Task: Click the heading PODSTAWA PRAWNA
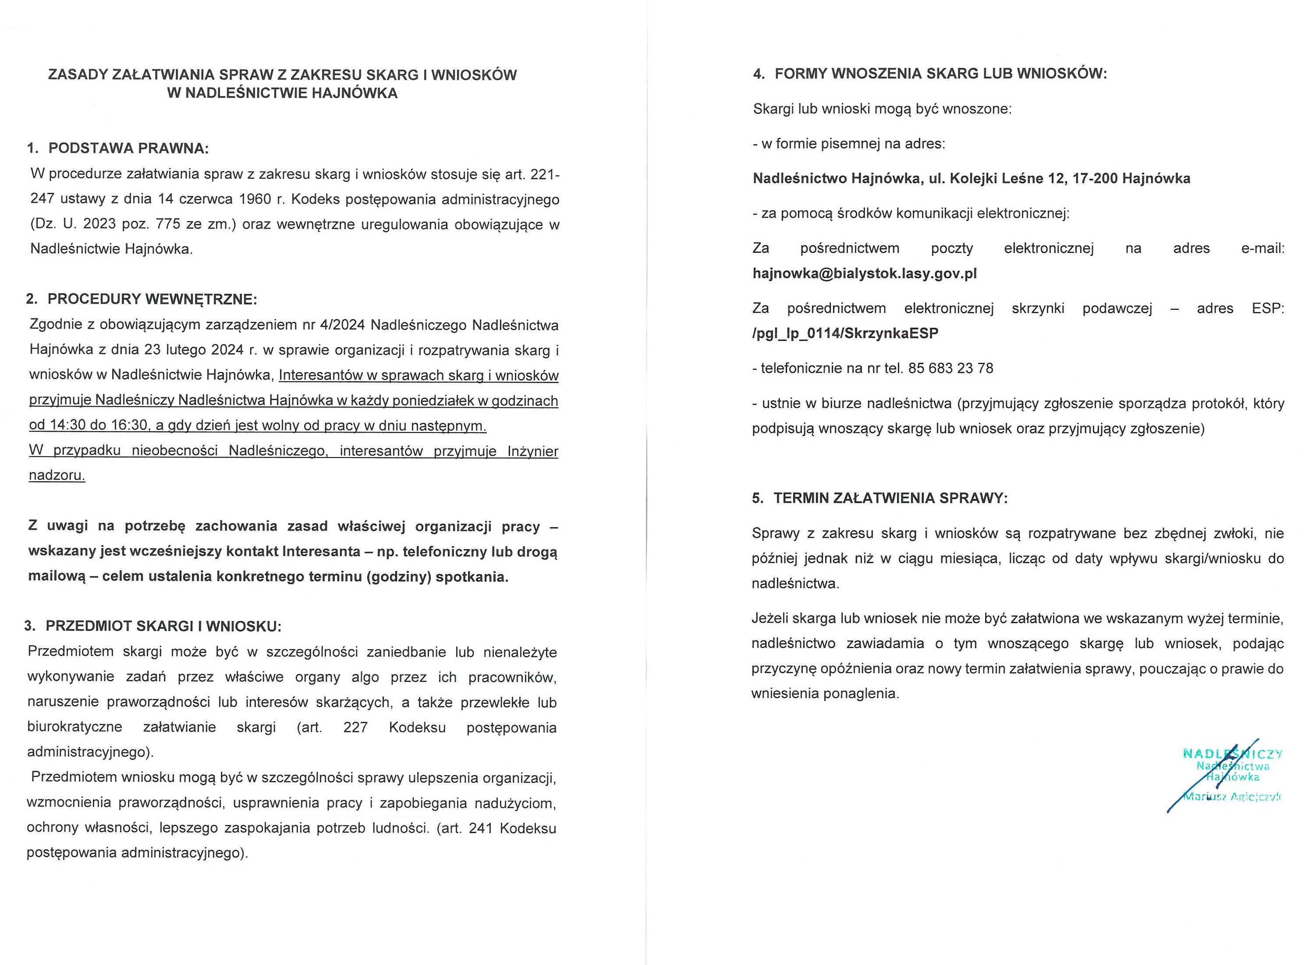tap(128, 149)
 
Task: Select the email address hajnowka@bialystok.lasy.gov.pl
tap(865, 274)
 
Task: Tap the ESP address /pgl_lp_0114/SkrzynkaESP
tap(845, 333)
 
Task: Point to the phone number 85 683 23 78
tap(950, 369)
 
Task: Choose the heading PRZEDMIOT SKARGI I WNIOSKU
tap(163, 627)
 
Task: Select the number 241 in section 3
tap(481, 829)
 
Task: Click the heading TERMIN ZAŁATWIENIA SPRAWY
tap(890, 498)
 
